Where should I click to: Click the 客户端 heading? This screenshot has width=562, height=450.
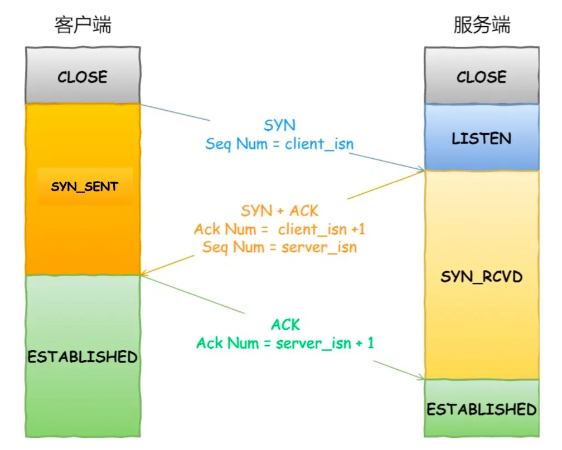pos(83,25)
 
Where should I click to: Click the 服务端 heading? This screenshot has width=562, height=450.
pos(482,25)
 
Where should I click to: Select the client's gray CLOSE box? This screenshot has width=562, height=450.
pos(83,76)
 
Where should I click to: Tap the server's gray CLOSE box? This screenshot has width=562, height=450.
pos(482,76)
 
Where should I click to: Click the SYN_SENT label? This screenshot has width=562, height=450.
pos(85,187)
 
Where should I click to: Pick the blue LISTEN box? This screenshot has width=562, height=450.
pos(482,138)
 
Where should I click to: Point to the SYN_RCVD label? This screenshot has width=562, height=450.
pos(482,276)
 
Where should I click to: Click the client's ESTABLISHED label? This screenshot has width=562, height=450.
pos(83,356)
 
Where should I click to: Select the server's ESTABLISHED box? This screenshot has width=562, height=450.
pos(482,409)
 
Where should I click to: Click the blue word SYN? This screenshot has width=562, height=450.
pos(279,125)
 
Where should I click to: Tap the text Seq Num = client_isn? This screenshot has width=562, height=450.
pos(279,144)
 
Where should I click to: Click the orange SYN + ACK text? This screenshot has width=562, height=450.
pos(279,211)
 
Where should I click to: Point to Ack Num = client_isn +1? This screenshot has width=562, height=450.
pos(279,229)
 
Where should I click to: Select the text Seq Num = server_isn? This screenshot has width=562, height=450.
pos(279,247)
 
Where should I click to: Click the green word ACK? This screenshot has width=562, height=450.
pos(285,324)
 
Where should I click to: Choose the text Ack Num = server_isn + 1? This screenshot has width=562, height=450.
pos(285,343)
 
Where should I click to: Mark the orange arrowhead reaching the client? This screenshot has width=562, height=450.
pos(144,273)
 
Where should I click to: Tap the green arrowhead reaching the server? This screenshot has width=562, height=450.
pos(420,377)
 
